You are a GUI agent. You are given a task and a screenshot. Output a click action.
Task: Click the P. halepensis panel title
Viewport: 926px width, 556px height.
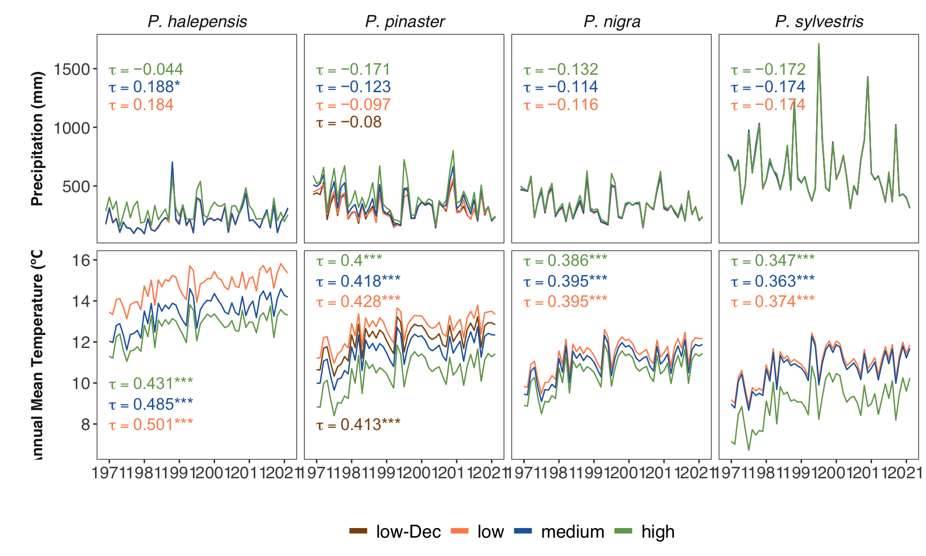tap(197, 22)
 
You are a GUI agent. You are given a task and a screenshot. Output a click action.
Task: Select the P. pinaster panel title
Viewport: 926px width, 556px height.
tap(405, 22)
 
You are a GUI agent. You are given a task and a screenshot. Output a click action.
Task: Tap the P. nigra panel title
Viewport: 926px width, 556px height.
tap(612, 22)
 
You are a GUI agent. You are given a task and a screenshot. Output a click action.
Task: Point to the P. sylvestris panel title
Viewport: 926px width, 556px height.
tap(819, 22)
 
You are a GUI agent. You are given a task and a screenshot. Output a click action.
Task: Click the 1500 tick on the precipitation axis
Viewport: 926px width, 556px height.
tap(72, 69)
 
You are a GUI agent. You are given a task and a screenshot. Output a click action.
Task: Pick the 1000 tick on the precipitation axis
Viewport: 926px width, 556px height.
tap(72, 128)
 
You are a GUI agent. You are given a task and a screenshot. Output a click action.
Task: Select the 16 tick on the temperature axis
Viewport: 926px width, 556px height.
tap(81, 261)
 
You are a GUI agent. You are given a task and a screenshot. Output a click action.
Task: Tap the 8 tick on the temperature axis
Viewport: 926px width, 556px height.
tap(85, 425)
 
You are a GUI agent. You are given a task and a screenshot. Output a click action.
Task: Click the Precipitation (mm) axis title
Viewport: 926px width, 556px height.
tap(37, 139)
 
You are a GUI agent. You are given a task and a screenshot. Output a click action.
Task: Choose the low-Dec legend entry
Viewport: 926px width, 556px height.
tap(395, 531)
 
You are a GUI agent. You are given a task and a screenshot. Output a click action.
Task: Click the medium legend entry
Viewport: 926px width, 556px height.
tap(559, 531)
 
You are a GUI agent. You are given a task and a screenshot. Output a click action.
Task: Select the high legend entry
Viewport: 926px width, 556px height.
tap(645, 531)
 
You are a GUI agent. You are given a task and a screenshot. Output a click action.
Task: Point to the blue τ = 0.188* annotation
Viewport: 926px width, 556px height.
tap(144, 87)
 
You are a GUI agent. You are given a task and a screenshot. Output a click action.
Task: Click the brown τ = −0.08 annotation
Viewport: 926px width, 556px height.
tap(349, 122)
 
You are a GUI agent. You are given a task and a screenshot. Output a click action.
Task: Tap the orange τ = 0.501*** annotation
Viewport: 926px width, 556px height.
tap(150, 425)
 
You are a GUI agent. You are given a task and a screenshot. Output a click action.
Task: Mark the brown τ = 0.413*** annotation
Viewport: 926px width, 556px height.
tap(358, 425)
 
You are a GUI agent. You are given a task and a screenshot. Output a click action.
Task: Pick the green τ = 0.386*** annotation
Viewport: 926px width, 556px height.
tap(565, 261)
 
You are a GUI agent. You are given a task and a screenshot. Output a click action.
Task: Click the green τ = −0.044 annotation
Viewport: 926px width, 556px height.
tap(146, 69)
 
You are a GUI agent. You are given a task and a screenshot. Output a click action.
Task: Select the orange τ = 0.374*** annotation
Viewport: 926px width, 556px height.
tap(773, 302)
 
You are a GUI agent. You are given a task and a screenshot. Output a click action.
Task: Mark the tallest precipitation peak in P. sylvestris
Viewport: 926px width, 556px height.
tap(818, 44)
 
